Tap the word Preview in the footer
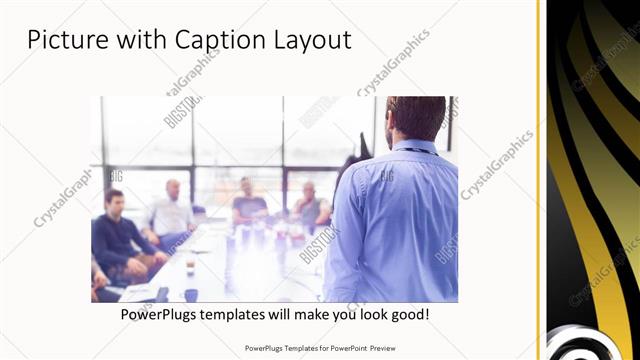coord(381,349)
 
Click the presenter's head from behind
coord(414,118)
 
